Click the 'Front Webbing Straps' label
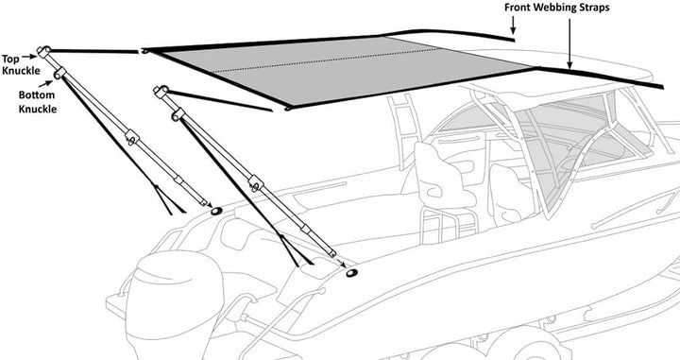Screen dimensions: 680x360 tap(557, 8)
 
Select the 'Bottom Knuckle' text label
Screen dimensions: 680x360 tap(37, 101)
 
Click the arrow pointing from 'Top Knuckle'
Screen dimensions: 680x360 tap(29, 56)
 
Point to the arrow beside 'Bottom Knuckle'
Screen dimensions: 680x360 tap(45, 83)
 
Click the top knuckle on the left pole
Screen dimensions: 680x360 tap(43, 52)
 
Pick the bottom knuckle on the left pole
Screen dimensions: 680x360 tap(59, 73)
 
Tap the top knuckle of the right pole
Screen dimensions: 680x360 tap(161, 91)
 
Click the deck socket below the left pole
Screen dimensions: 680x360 tap(216, 212)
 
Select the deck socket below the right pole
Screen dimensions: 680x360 tap(352, 273)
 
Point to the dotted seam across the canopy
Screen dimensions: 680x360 tap(328, 60)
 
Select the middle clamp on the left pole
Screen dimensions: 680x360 tap(132, 138)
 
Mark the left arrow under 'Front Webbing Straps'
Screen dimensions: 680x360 tap(513, 26)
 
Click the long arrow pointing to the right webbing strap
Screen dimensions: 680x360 tap(569, 43)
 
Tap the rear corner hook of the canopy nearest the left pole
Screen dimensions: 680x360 tap(145, 51)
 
